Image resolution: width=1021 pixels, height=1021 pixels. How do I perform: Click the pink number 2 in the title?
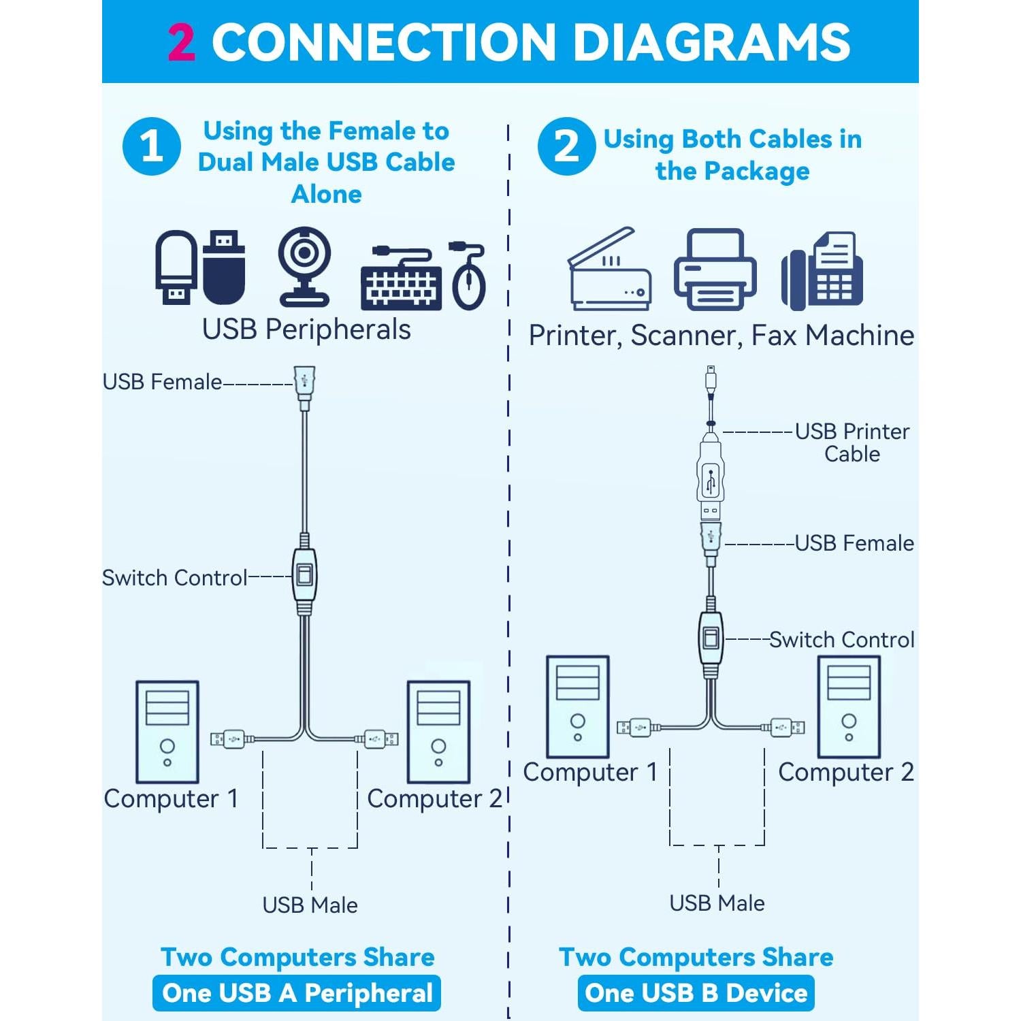pyautogui.click(x=182, y=42)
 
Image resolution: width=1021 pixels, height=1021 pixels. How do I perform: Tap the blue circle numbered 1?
pyautogui.click(x=152, y=146)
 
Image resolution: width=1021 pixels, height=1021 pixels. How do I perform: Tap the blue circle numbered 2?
pyautogui.click(x=566, y=146)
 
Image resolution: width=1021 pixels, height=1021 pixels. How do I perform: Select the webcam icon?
pyautogui.click(x=304, y=265)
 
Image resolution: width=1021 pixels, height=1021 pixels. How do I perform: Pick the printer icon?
pyautogui.click(x=715, y=270)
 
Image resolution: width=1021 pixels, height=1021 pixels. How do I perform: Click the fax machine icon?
pyautogui.click(x=822, y=270)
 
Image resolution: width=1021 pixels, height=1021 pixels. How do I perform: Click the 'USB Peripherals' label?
pyautogui.click(x=306, y=329)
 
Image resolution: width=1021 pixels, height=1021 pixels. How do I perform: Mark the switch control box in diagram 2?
pyautogui.click(x=711, y=638)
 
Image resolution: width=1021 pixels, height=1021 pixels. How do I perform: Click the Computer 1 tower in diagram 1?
pyautogui.click(x=167, y=732)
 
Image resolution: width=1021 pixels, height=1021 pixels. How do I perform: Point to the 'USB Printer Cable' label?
pyautogui.click(x=852, y=442)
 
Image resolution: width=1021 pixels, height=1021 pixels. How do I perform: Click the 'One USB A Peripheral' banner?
pyautogui.click(x=297, y=993)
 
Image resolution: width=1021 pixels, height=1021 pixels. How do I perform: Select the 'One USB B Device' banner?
pyautogui.click(x=696, y=993)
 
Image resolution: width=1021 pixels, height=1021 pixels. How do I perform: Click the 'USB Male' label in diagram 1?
pyautogui.click(x=310, y=905)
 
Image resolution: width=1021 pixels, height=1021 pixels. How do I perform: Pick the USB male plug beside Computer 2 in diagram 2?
pyautogui.click(x=788, y=728)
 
